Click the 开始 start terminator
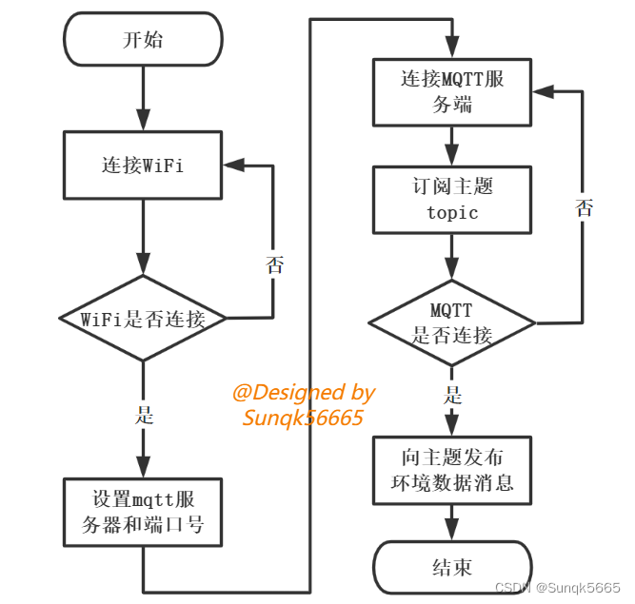(143, 40)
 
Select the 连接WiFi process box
(143, 165)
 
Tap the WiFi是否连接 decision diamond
(143, 319)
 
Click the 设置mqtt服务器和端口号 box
(143, 511)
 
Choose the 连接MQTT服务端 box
(452, 92)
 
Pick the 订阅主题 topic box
(452, 199)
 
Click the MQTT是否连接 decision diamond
(452, 322)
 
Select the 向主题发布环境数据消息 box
(452, 470)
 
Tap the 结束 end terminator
(452, 568)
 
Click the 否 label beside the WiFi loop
(275, 265)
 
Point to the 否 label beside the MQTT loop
(584, 208)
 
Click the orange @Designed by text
(304, 393)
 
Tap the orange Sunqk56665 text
(303, 417)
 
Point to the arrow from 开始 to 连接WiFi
(143, 99)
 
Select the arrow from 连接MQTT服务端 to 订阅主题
(452, 146)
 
